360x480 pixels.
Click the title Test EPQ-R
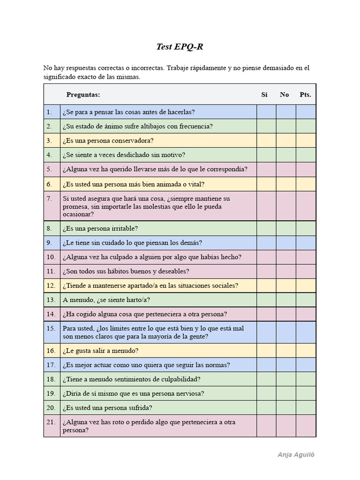point(180,47)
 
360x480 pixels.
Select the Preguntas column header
point(83,95)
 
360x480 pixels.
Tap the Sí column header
point(264,95)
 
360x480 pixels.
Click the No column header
point(285,95)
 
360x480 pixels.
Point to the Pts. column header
point(305,95)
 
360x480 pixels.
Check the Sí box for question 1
point(266,112)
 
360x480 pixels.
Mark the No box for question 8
point(286,229)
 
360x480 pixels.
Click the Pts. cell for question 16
point(306,351)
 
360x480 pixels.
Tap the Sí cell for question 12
point(266,285)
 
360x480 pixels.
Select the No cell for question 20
point(286,408)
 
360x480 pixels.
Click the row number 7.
point(49,198)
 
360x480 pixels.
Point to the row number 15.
point(51,328)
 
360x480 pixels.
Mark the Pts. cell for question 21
point(306,426)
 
